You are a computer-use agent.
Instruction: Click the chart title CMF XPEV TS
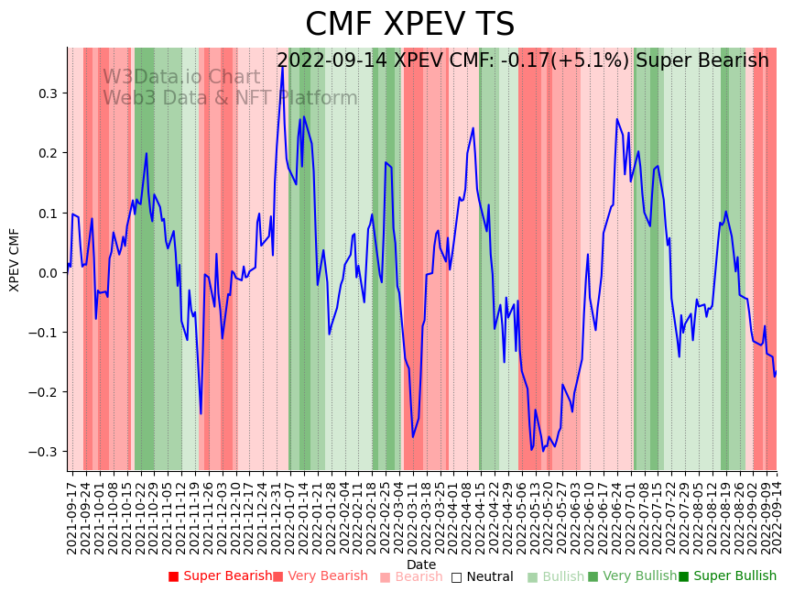[x=409, y=25]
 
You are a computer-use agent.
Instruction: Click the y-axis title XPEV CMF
[x=15, y=260]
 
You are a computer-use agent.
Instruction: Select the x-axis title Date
[x=421, y=565]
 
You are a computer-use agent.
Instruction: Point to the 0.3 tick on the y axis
[x=48, y=93]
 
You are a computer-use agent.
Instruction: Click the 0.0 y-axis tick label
[x=48, y=272]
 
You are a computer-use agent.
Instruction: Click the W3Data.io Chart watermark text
[x=181, y=77]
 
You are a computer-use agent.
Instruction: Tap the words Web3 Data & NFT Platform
[x=230, y=98]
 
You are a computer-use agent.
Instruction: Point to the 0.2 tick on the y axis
[x=48, y=153]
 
